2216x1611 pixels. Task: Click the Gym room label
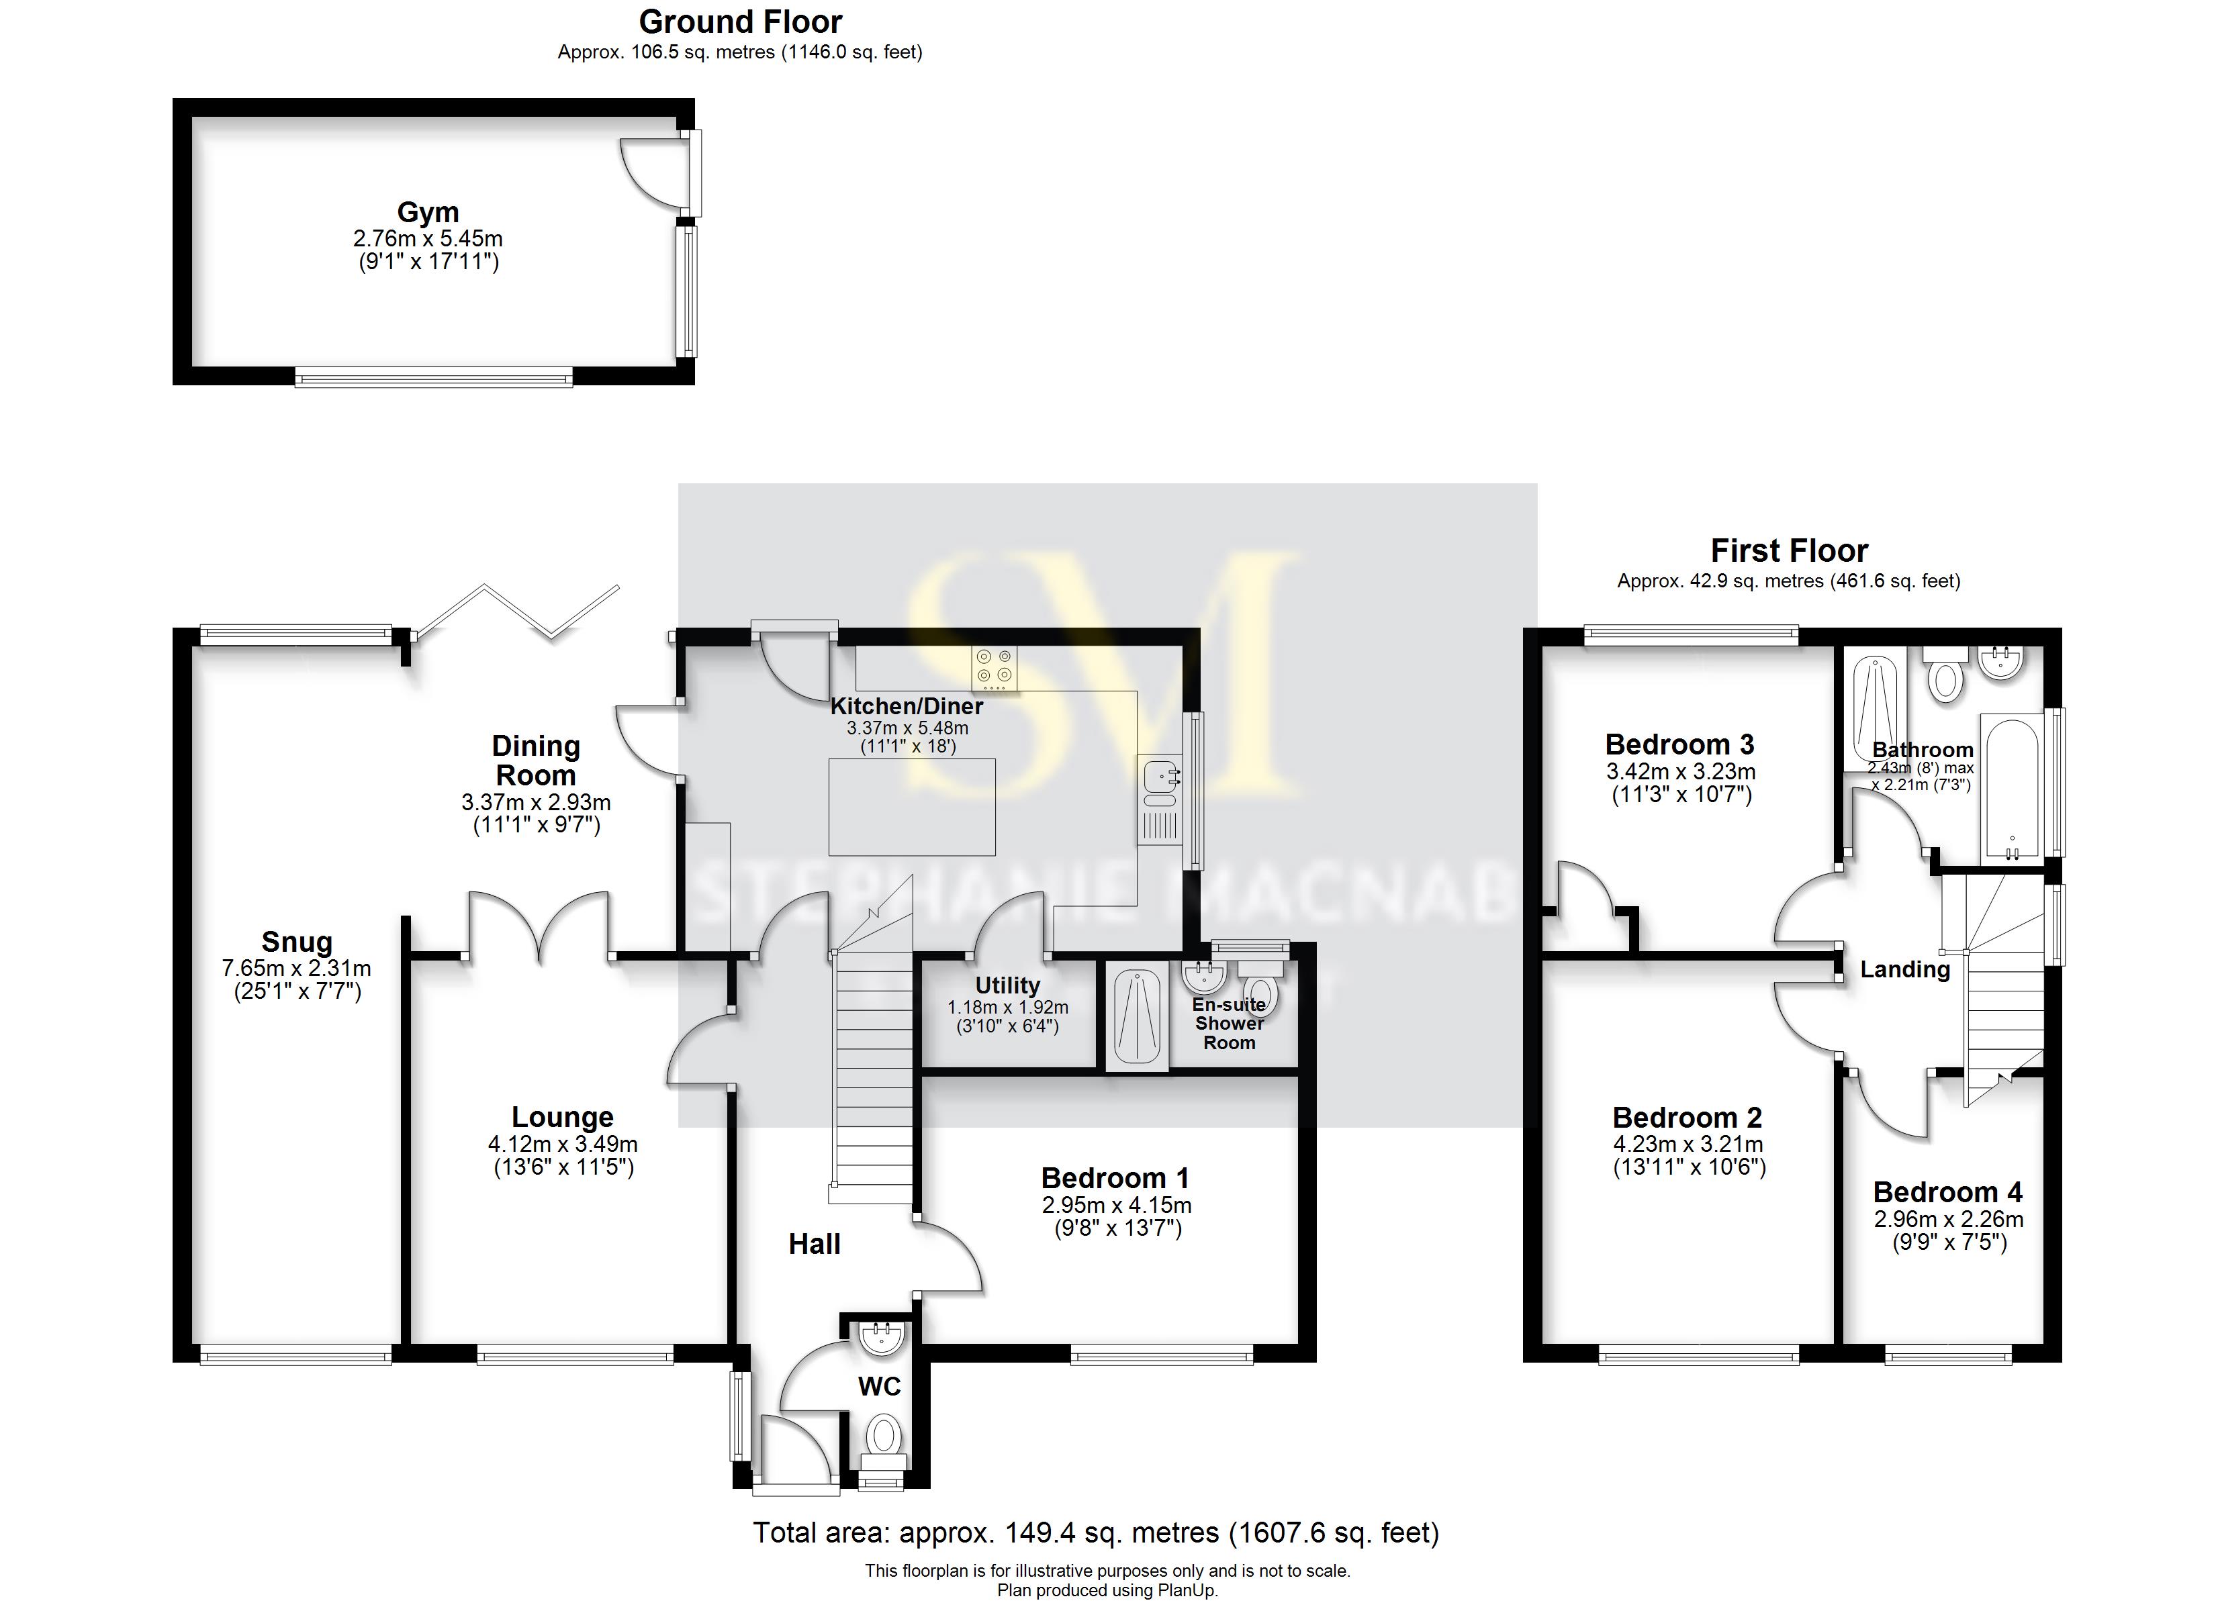coord(427,212)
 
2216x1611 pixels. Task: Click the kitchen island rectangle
coord(912,807)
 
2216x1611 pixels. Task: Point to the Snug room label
coord(297,942)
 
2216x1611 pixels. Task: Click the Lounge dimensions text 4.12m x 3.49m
coord(563,1144)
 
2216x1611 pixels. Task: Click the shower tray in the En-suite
coord(1136,1016)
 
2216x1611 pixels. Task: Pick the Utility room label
coord(1007,986)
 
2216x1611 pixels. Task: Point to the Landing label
coord(1904,970)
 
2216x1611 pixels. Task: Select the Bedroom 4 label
coord(1947,1193)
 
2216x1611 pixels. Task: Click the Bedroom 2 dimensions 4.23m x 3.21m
coord(1688,1144)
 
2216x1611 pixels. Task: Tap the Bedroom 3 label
coord(1679,744)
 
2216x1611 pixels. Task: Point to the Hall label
coord(814,1244)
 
